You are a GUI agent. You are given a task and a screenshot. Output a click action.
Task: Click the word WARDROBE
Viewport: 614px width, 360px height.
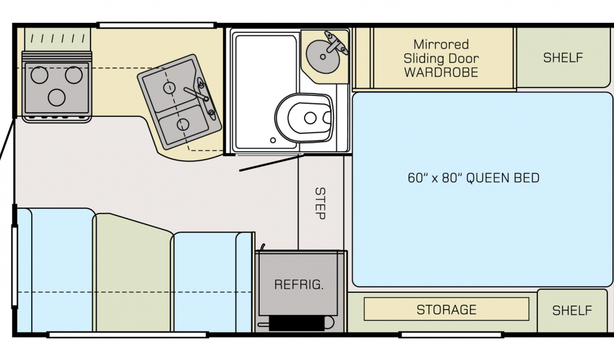(441, 73)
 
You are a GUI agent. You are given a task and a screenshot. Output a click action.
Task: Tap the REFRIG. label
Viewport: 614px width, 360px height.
(299, 284)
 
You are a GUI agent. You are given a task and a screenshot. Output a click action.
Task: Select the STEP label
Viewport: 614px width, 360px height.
(320, 203)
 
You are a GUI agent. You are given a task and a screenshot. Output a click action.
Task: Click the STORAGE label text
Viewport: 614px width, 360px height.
(446, 310)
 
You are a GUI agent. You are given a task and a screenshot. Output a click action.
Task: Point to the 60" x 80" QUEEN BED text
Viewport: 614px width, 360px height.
(473, 178)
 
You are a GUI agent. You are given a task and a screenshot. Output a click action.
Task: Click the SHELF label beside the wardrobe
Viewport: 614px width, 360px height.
(563, 58)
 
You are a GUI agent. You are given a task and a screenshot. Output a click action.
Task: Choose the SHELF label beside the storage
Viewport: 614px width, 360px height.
(572, 310)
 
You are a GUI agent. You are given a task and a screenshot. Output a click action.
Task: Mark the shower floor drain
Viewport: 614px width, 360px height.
(273, 140)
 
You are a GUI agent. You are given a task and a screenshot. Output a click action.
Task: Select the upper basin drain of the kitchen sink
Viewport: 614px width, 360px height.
(170, 88)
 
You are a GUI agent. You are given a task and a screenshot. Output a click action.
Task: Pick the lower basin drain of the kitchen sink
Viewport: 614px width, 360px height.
(182, 124)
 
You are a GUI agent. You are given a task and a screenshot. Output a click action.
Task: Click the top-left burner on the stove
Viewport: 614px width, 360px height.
(39, 75)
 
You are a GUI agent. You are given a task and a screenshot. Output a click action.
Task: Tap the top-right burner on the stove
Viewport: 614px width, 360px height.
(74, 75)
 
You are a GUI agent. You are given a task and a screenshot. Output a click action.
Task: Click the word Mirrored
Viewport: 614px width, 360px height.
(441, 44)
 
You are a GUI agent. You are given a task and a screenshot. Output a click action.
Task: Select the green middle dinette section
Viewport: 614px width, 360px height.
(133, 273)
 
